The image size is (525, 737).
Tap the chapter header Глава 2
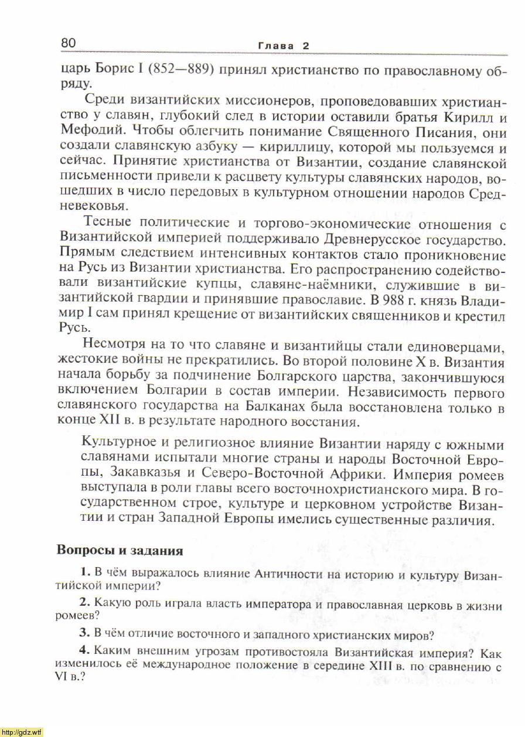pyautogui.click(x=283, y=45)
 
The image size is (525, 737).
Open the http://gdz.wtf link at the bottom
pyautogui.click(x=22, y=732)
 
